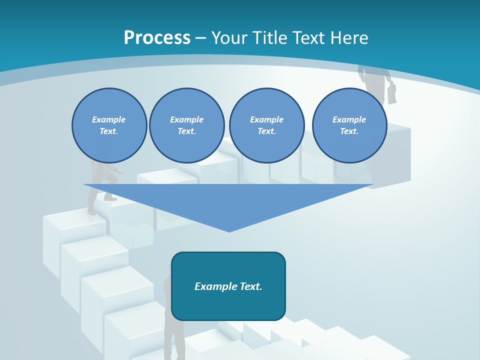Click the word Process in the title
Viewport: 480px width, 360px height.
tap(157, 38)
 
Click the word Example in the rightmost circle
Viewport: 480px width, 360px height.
tap(349, 119)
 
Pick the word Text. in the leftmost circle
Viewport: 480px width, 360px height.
tap(108, 131)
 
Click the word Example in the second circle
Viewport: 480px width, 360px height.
tap(186, 119)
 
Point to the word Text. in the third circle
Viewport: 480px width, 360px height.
tap(266, 131)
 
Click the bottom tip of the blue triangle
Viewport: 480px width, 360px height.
tap(229, 231)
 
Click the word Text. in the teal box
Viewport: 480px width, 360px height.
tap(251, 286)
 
